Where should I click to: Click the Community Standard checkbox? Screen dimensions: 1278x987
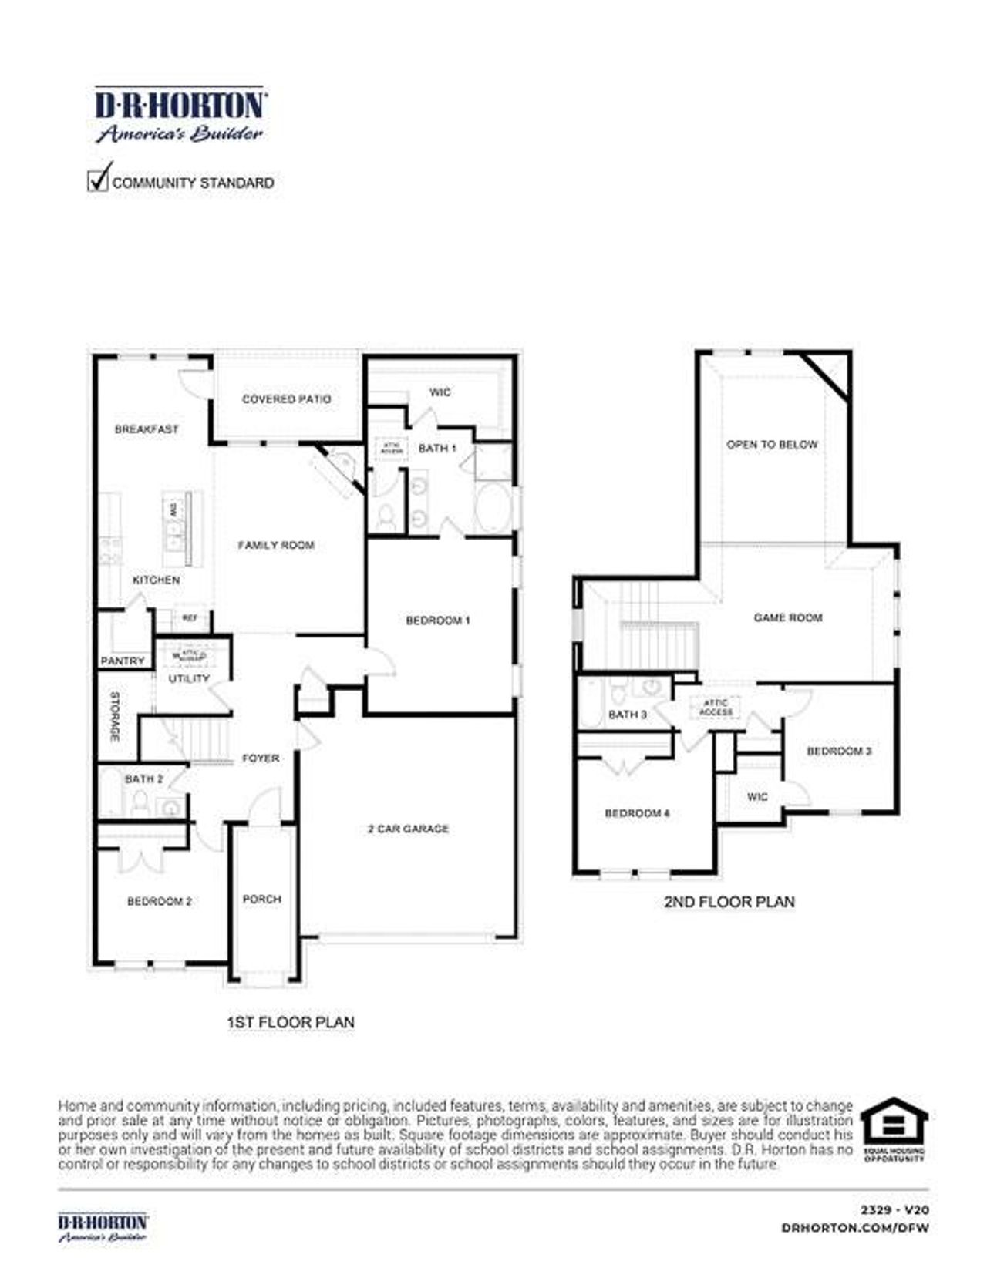click(x=98, y=180)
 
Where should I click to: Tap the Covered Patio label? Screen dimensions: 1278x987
click(x=286, y=399)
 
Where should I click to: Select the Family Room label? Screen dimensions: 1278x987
click(x=276, y=545)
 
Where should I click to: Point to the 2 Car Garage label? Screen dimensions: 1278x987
click(x=408, y=829)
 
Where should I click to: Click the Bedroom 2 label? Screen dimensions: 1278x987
click(x=160, y=901)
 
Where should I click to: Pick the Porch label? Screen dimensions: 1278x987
click(x=262, y=899)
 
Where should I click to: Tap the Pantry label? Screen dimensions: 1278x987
click(x=123, y=661)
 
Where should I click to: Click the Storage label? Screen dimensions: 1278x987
click(x=115, y=717)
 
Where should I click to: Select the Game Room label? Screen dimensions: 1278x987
click(x=788, y=617)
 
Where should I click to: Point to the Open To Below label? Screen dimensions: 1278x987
click(x=772, y=445)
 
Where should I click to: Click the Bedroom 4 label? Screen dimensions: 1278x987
click(x=637, y=813)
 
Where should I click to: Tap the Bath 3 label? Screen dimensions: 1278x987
click(x=628, y=715)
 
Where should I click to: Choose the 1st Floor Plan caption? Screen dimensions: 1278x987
click(x=291, y=1022)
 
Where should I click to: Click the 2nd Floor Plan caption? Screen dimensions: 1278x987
click(x=729, y=901)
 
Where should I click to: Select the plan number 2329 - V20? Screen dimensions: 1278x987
click(x=894, y=1210)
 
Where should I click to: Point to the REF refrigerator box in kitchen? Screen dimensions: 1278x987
click(x=190, y=617)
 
